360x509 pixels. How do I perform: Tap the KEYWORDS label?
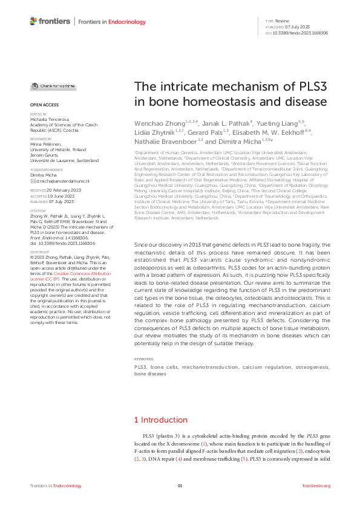tap(143, 359)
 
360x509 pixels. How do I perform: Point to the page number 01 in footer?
tap(180, 485)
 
